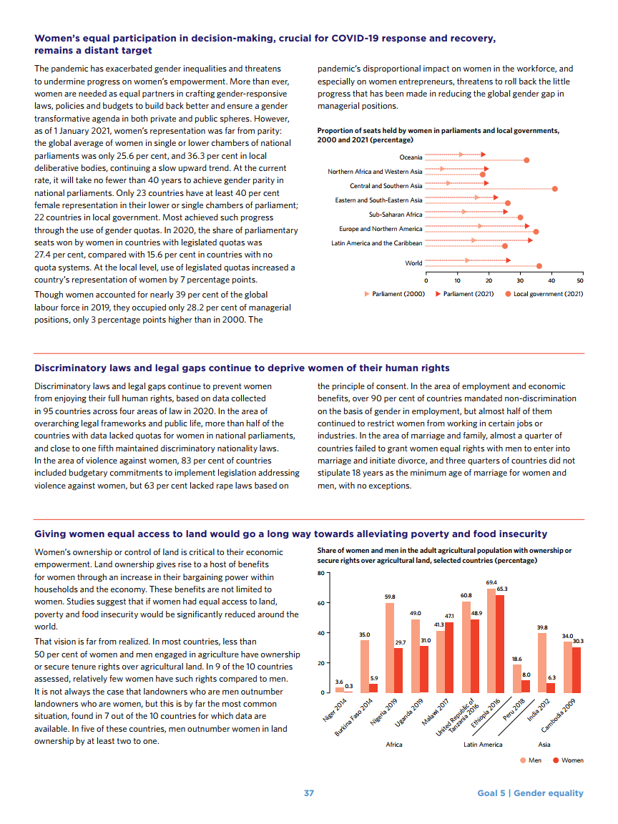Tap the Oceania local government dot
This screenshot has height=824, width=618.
pyautogui.click(x=526, y=160)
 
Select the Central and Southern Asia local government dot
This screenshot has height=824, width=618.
pyautogui.click(x=554, y=189)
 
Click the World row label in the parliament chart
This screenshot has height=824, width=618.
pyautogui.click(x=413, y=263)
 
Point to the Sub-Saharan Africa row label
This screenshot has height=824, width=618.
pyautogui.click(x=396, y=215)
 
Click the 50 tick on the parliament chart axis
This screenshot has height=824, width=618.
pyautogui.click(x=580, y=280)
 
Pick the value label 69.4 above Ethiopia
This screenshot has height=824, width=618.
pyautogui.click(x=491, y=583)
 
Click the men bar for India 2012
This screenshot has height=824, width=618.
pyautogui.click(x=542, y=662)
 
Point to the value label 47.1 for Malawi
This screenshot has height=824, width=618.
pyautogui.click(x=449, y=616)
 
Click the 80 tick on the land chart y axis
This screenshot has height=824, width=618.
pyautogui.click(x=321, y=573)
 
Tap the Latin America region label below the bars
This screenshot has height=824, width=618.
pyautogui.click(x=483, y=745)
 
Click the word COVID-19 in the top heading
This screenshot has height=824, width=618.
pyautogui.click(x=358, y=38)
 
